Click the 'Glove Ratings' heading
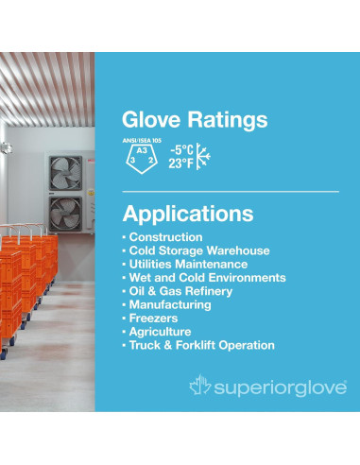point(195,120)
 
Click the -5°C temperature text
point(182,148)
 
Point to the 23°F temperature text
point(182,164)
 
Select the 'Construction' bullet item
point(165,236)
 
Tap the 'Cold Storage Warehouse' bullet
point(199,250)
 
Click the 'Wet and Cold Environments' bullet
point(207,278)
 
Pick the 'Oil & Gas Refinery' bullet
point(183,291)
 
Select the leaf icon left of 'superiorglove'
point(199,386)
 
